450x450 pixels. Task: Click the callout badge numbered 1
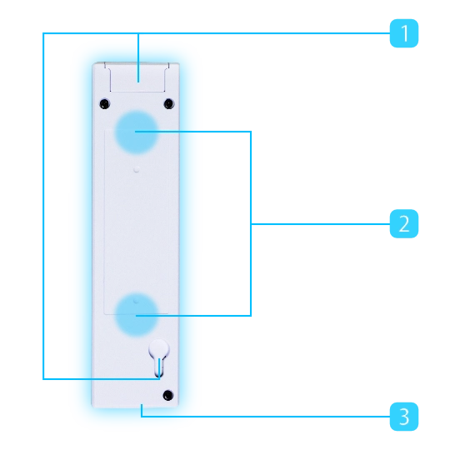tap(404, 33)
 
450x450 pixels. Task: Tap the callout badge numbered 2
tap(404, 223)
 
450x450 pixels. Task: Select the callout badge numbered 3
tap(404, 417)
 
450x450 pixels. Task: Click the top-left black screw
tap(105, 103)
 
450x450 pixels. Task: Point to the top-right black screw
tap(168, 103)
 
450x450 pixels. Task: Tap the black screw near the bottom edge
tap(168, 395)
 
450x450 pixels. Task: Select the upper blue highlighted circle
tap(137, 132)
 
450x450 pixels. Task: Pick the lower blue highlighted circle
tap(137, 314)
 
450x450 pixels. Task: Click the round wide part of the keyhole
tap(159, 349)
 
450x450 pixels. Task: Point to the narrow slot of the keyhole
tap(159, 367)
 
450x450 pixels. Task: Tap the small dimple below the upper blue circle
tap(137, 170)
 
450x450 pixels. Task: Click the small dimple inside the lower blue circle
tap(137, 301)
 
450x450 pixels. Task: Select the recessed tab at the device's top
tap(137, 77)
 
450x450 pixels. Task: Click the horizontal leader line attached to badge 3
tap(266, 417)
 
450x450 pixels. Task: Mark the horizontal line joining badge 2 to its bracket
tap(321, 223)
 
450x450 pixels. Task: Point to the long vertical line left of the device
tap(43, 206)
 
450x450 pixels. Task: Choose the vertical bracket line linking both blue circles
tap(251, 223)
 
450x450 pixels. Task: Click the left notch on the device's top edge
tap(105, 65)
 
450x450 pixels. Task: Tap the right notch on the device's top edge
tap(167, 65)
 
